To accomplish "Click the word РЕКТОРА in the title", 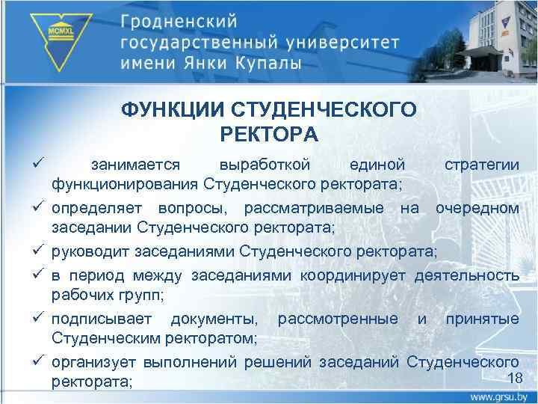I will point(269,135).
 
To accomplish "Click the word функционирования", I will point(123,183).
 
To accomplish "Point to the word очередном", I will point(477,206).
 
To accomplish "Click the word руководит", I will point(90,250).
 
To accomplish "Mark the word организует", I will point(93,364).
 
